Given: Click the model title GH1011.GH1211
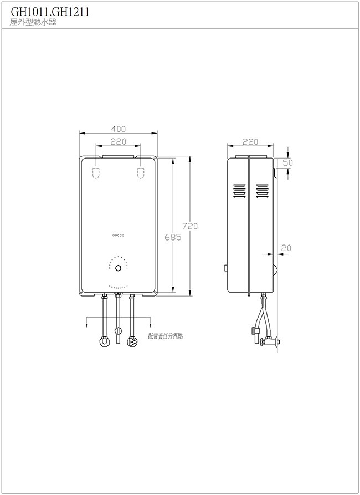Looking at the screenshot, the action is pyautogui.click(x=50, y=12).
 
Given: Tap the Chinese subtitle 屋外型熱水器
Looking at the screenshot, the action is pyautogui.click(x=33, y=23).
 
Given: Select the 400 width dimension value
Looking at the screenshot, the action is pyautogui.click(x=119, y=129).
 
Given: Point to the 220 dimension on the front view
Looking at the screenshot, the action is pyautogui.click(x=119, y=142).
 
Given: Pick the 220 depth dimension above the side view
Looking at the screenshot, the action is pyautogui.click(x=250, y=142).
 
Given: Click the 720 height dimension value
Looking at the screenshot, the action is pyautogui.click(x=190, y=226).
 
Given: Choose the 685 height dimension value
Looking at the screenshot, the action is pyautogui.click(x=173, y=237).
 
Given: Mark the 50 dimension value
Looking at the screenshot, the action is pyautogui.click(x=287, y=163).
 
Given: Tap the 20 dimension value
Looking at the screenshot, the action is pyautogui.click(x=286, y=248).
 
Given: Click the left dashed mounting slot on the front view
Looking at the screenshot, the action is pyautogui.click(x=96, y=173).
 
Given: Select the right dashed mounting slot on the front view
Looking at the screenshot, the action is pyautogui.click(x=141, y=173).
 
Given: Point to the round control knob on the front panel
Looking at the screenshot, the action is pyautogui.click(x=119, y=268).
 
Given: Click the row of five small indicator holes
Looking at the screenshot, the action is pyautogui.click(x=119, y=235).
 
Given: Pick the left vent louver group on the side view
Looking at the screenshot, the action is pyautogui.click(x=239, y=191).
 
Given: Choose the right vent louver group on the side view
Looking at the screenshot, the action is pyautogui.click(x=262, y=191).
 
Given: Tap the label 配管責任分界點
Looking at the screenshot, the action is pyautogui.click(x=166, y=336).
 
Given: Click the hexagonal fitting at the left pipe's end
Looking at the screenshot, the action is pyautogui.click(x=104, y=342).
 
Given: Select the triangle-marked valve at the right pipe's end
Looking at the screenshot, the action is pyautogui.click(x=132, y=342).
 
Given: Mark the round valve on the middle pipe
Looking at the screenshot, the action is pyautogui.click(x=118, y=331).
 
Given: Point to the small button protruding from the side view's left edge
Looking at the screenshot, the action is pyautogui.click(x=225, y=268).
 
